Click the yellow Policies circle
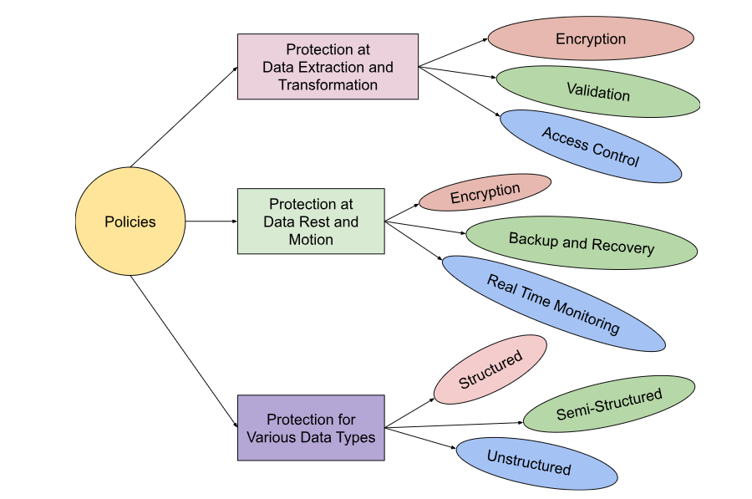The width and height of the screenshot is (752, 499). pyautogui.click(x=130, y=221)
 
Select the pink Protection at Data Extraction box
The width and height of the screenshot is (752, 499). pyautogui.click(x=328, y=67)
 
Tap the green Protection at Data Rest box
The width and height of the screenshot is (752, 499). pyautogui.click(x=311, y=221)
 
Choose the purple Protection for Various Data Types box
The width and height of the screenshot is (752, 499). pyautogui.click(x=311, y=427)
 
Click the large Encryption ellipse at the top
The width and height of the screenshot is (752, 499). pyautogui.click(x=591, y=39)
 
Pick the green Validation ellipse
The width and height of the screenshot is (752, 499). pyautogui.click(x=598, y=91)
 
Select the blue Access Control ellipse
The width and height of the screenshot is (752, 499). pyautogui.click(x=590, y=146)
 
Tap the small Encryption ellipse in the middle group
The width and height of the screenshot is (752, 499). pyautogui.click(x=485, y=192)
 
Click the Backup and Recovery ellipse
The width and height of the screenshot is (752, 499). pyautogui.click(x=581, y=243)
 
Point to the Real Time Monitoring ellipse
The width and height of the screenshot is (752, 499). pyautogui.click(x=553, y=303)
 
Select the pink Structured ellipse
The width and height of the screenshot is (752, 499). pyautogui.click(x=490, y=369)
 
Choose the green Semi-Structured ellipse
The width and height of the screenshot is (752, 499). pyautogui.click(x=608, y=404)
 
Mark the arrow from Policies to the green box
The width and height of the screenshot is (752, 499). pyautogui.click(x=211, y=221)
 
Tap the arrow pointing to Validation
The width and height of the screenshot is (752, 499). pyautogui.click(x=457, y=73)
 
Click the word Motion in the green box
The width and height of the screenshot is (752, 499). pyautogui.click(x=311, y=240)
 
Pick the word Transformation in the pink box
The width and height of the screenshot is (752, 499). pyautogui.click(x=328, y=85)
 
